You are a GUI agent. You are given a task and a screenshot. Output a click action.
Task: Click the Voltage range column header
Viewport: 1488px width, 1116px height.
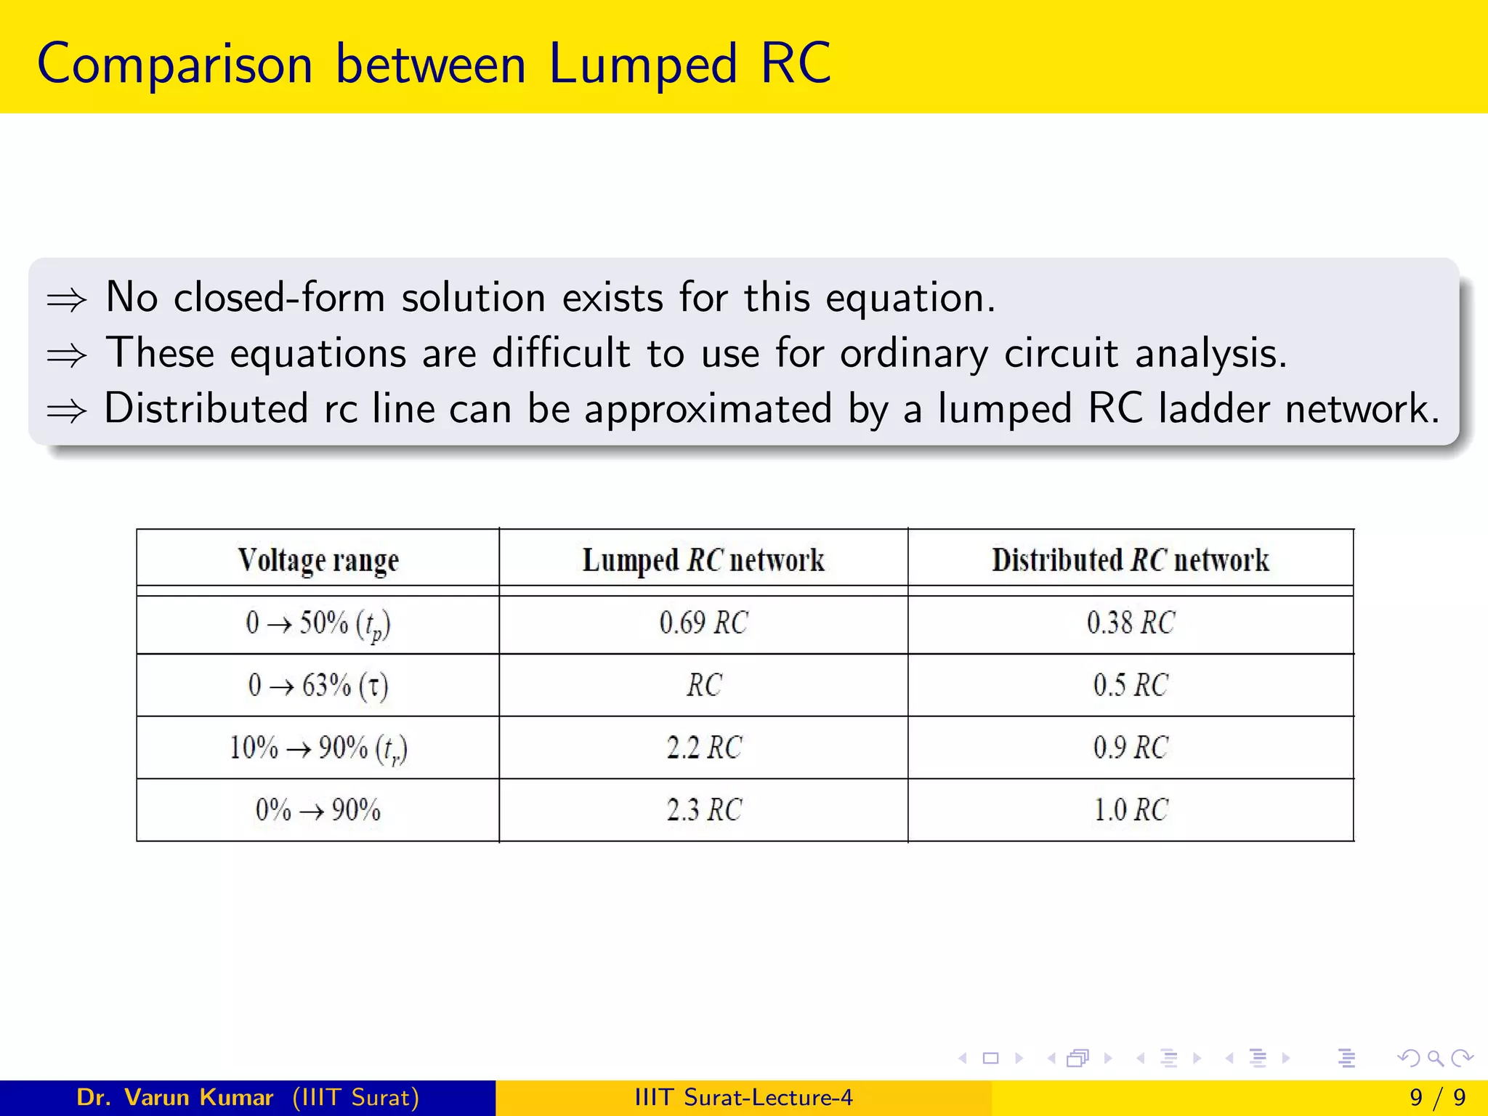tap(318, 560)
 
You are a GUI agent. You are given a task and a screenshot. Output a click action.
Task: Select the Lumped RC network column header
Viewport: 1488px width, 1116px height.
tap(703, 560)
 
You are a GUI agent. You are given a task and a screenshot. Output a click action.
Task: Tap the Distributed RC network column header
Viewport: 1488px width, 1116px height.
tap(1131, 560)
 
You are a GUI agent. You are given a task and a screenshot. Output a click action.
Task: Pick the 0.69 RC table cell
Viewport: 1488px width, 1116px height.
tap(703, 623)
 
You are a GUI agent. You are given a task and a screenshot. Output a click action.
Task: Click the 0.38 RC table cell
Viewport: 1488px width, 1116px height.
tap(1131, 623)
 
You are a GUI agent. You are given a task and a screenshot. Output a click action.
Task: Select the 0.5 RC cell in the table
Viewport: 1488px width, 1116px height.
tap(1131, 685)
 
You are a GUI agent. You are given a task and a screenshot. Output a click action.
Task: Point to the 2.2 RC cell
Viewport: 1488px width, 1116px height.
tap(703, 748)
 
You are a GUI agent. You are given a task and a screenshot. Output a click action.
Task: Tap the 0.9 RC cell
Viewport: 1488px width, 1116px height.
tap(1131, 748)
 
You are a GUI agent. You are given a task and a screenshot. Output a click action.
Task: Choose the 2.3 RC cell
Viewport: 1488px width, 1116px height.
tap(703, 810)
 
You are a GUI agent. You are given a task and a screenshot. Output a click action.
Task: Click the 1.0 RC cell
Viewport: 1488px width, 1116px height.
tap(1131, 810)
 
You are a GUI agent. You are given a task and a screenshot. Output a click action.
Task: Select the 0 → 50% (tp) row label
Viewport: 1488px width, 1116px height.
tap(318, 624)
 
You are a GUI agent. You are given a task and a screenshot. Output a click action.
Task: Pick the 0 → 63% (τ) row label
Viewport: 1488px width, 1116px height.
tap(318, 685)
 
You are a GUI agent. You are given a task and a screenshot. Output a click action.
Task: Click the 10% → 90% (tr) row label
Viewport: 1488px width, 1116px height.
tap(318, 748)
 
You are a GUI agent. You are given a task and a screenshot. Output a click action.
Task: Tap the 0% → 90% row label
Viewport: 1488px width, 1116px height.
tap(318, 810)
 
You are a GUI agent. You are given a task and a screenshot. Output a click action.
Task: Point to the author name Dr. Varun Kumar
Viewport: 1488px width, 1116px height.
tap(174, 1097)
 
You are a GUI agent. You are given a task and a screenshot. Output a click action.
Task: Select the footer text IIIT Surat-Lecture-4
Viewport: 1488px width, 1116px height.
tap(743, 1097)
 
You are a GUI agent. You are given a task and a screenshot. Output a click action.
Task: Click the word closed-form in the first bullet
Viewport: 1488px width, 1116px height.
tap(279, 298)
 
